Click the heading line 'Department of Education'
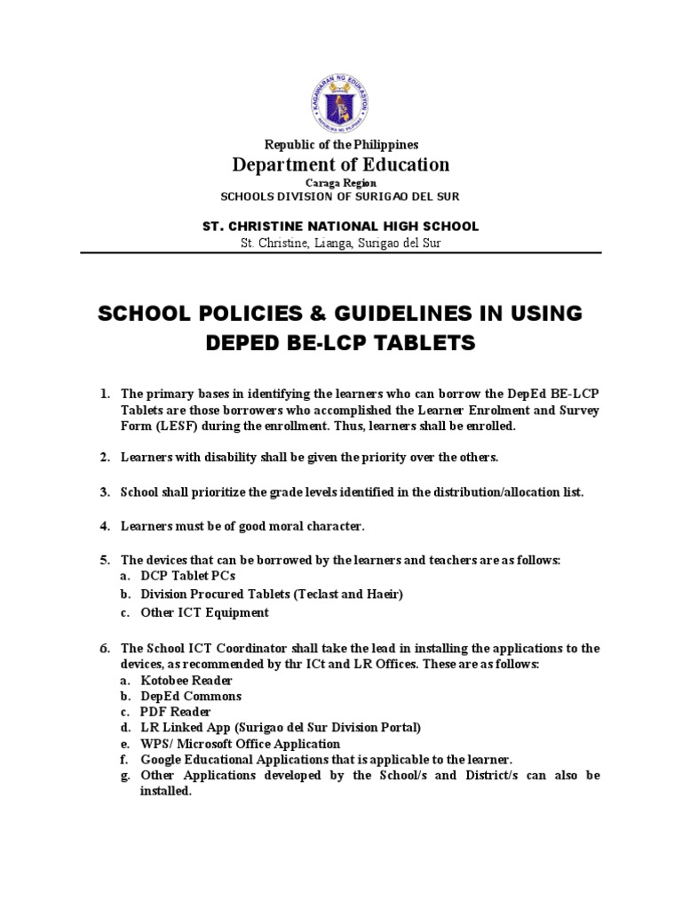click(341, 164)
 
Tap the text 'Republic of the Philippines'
click(341, 144)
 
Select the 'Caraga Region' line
click(341, 181)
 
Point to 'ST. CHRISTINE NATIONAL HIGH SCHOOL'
click(341, 226)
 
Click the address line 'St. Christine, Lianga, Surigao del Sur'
click(341, 243)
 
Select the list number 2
click(104, 458)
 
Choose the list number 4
click(104, 527)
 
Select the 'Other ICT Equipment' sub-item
click(204, 612)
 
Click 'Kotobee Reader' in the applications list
click(186, 680)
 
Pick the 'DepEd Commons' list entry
click(191, 696)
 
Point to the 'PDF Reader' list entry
click(176, 712)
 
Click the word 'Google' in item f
click(162, 760)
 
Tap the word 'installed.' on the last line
click(166, 791)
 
